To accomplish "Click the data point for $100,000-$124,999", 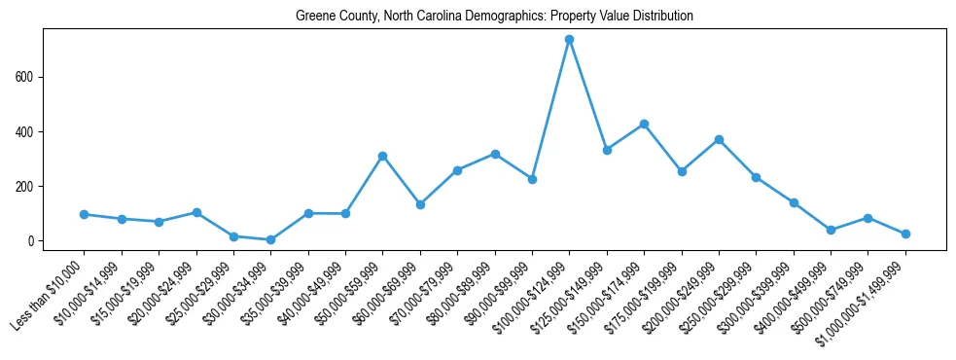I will coord(570,40).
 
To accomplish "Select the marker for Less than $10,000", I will coord(85,214).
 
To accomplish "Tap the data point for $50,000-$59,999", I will coord(383,156).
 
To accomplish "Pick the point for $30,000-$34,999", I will coord(271,239).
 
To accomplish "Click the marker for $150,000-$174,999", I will coord(644,125).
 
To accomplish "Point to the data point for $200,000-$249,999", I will coord(719,140).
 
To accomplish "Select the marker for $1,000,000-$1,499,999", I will coord(905,234).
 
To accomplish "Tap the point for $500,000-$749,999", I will coord(867,218).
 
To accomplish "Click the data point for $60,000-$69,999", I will coord(420,204).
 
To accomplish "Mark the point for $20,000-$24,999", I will coord(196,212).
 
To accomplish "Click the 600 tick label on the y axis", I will coord(26,77).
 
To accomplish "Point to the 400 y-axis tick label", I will coord(26,131).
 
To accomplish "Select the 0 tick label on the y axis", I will coord(32,241).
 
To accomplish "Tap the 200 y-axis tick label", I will coord(26,187).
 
